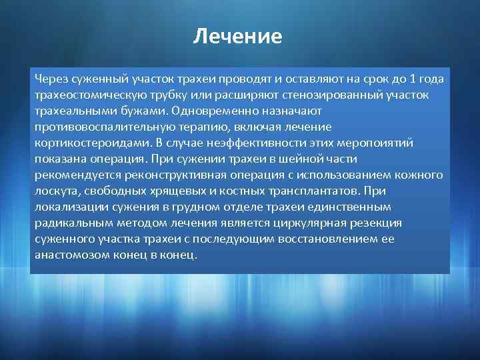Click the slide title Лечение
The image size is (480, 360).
coord(237,35)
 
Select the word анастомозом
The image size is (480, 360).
coord(67,255)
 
